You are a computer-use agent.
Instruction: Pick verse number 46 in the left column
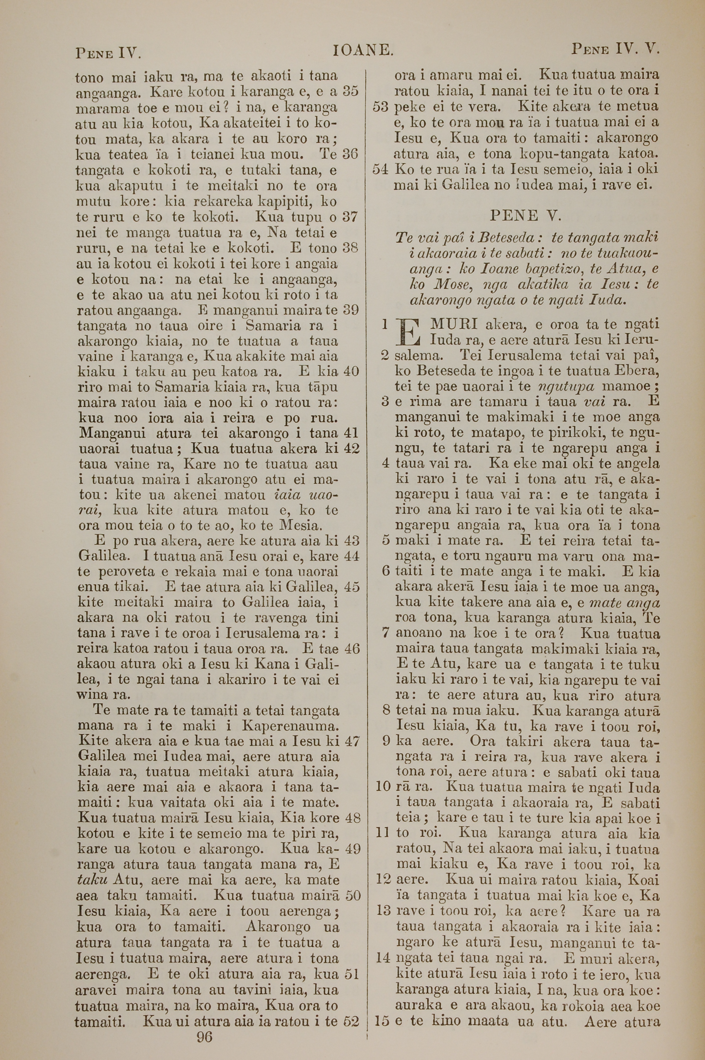pyautogui.click(x=351, y=648)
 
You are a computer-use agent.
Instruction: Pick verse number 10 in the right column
pyautogui.click(x=382, y=788)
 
